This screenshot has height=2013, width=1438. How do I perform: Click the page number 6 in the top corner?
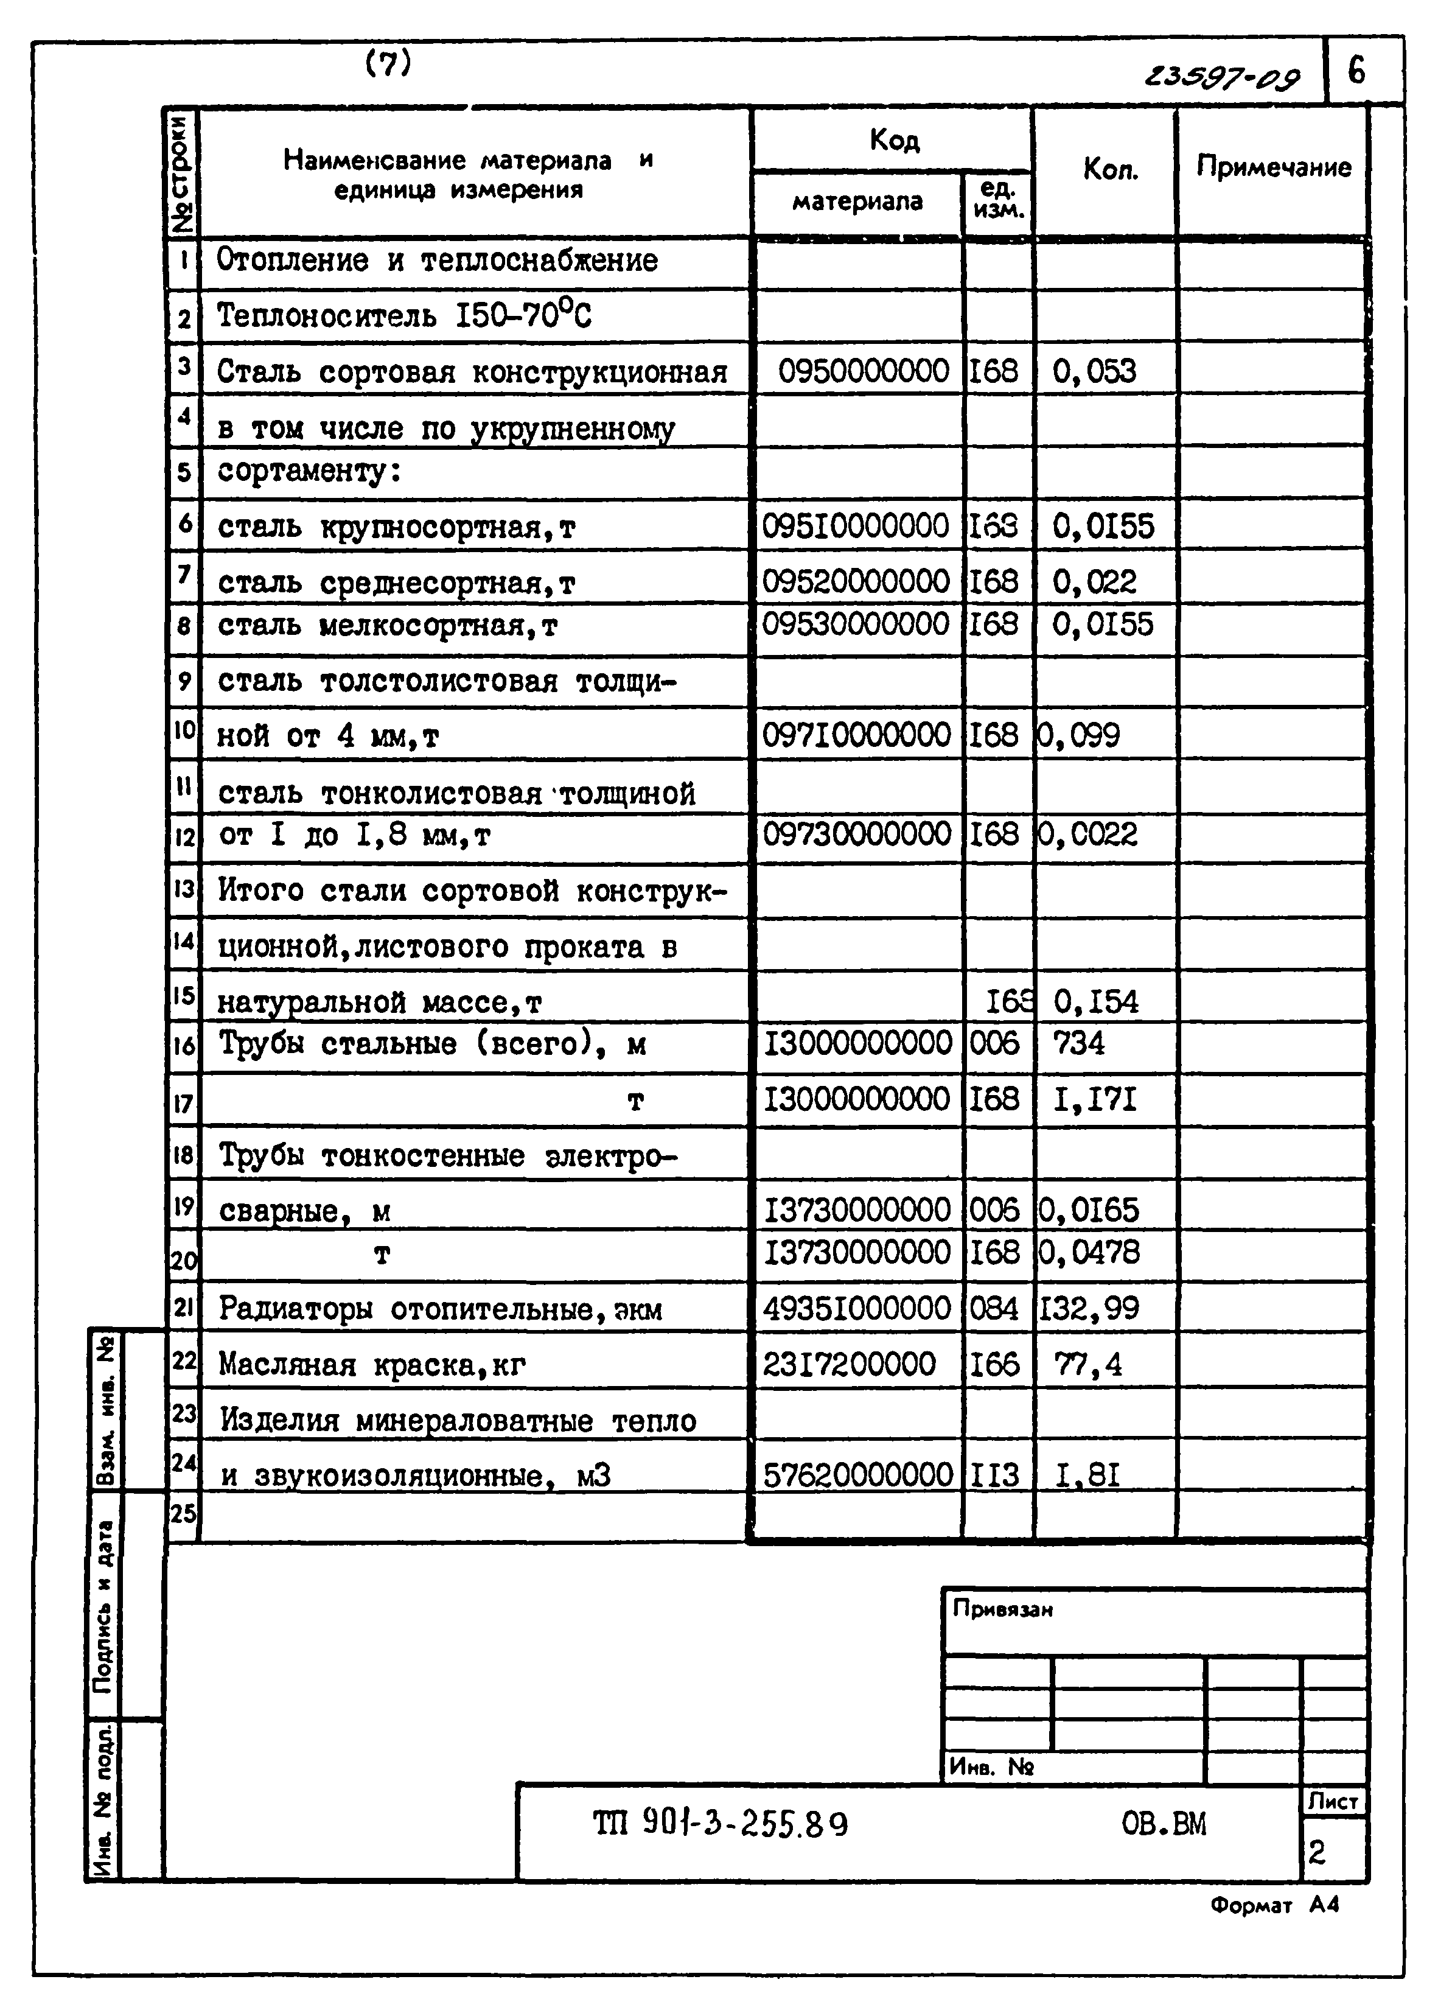click(x=1356, y=70)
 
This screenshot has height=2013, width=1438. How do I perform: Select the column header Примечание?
click(x=1273, y=167)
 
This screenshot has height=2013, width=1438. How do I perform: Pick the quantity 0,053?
click(x=1094, y=371)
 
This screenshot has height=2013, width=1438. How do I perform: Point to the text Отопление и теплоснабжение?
click(x=438, y=261)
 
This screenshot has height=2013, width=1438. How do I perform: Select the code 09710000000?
click(x=856, y=735)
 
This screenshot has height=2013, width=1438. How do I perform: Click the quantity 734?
click(x=1078, y=1043)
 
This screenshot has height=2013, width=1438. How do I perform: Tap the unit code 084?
click(x=994, y=1308)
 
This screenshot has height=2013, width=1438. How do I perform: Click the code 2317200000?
click(x=848, y=1364)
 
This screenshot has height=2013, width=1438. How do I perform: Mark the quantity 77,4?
click(x=1088, y=1365)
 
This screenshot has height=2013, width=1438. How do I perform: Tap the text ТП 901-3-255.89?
click(x=720, y=1824)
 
